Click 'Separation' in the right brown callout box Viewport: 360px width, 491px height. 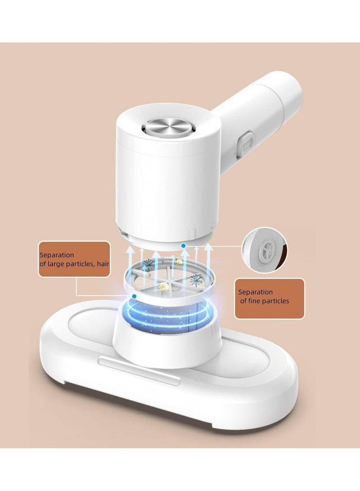[x=256, y=292]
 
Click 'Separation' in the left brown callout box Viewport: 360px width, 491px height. [x=57, y=255]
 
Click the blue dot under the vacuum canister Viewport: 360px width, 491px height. [x=183, y=246]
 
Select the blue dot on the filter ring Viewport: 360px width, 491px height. [x=135, y=296]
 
